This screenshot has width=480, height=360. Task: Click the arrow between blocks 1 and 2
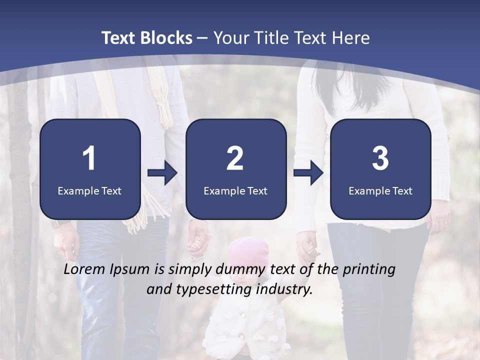tap(162, 173)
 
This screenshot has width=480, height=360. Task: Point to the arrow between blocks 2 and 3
tap(308, 173)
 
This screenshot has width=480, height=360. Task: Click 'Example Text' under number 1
tap(89, 190)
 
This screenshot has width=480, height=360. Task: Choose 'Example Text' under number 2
tap(235, 190)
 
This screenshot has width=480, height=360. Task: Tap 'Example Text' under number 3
tap(380, 190)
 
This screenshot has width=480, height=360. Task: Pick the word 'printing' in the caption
tap(369, 270)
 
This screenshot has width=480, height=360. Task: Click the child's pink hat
tap(248, 250)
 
